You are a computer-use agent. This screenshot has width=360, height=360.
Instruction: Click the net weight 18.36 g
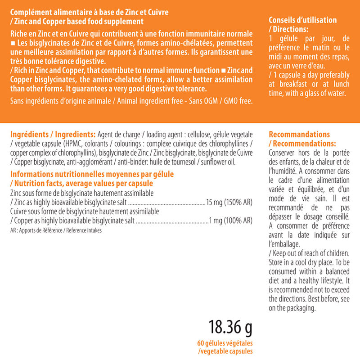click(x=230, y=328)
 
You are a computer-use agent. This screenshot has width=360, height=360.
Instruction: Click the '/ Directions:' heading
click(x=288, y=29)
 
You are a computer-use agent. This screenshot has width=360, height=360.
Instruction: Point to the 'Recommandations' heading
click(x=299, y=135)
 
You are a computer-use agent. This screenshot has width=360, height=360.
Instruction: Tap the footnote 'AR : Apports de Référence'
click(x=36, y=230)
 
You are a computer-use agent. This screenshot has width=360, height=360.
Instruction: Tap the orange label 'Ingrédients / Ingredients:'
click(x=52, y=135)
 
